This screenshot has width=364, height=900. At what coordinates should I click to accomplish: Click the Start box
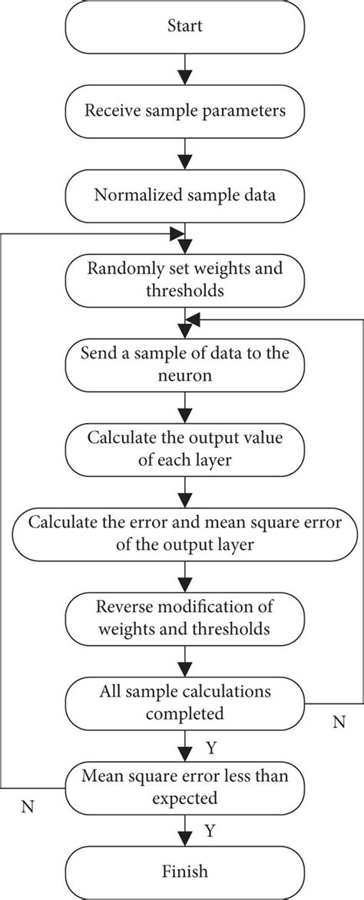[184, 27]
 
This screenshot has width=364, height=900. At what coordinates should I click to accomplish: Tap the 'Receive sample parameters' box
[184, 111]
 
